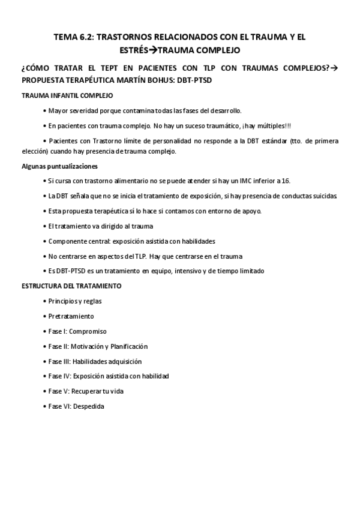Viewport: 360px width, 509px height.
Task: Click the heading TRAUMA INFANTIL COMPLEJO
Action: (x=67, y=95)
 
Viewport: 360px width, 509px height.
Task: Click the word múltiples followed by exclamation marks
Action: (x=272, y=125)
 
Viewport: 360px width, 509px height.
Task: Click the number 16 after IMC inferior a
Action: (x=285, y=181)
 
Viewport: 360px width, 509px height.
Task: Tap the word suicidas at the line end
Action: (x=324, y=196)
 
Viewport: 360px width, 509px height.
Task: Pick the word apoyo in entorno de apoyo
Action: (x=250, y=211)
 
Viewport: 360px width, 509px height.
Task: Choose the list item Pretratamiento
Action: (x=71, y=316)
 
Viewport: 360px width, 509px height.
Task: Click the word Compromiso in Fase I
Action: (x=89, y=331)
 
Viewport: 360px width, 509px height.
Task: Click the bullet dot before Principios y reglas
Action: (x=46, y=301)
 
